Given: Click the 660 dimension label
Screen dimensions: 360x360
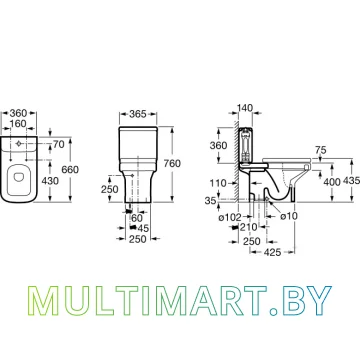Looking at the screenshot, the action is tap(70, 170).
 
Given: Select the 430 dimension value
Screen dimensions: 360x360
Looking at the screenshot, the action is tap(50, 181).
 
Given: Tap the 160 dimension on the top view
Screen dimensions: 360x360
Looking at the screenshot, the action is tap(18, 124).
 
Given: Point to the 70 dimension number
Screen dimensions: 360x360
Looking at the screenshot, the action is tap(59, 145).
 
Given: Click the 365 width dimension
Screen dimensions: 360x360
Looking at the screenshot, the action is tap(138, 114).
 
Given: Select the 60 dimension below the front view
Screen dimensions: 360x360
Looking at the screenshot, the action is tap(137, 218).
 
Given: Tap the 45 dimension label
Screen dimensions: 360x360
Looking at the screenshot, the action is tap(144, 228).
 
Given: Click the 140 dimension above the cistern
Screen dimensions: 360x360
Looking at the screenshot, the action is tap(245, 108).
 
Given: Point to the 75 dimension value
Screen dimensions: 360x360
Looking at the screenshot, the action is tap(320, 151).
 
